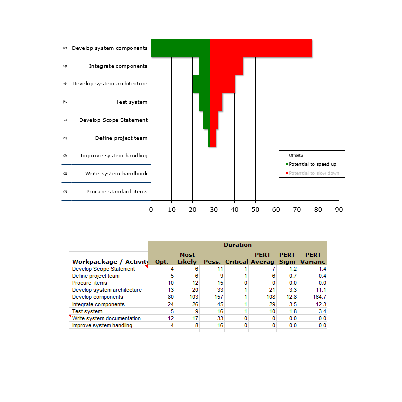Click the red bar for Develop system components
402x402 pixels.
click(x=260, y=48)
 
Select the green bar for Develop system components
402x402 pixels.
click(x=180, y=48)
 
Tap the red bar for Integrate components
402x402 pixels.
click(x=226, y=66)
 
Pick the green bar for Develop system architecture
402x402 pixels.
click(x=201, y=84)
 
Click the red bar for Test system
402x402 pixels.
click(x=216, y=102)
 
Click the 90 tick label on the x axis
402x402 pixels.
click(x=339, y=210)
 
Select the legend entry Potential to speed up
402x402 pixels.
click(x=311, y=164)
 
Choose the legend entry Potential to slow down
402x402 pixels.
click(x=312, y=173)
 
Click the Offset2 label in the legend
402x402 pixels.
click(x=296, y=155)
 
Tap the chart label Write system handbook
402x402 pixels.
click(x=117, y=173)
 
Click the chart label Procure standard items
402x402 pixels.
click(x=117, y=192)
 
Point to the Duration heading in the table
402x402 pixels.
click(x=238, y=245)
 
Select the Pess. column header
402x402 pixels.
click(x=212, y=262)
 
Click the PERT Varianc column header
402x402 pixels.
click(x=313, y=258)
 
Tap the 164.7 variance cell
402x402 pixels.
click(x=319, y=297)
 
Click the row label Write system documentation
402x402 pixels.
click(x=107, y=318)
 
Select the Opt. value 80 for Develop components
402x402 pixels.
click(x=171, y=297)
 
